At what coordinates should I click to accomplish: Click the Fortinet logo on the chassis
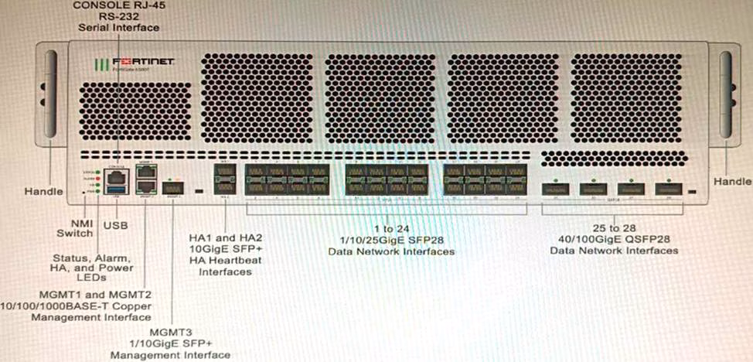click(x=134, y=62)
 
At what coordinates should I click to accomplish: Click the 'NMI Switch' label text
click(x=74, y=227)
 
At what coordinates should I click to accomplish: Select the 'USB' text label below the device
click(x=116, y=225)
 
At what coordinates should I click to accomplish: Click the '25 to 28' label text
click(x=614, y=228)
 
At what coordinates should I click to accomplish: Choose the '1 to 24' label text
click(x=390, y=228)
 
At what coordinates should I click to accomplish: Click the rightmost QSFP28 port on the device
click(x=669, y=188)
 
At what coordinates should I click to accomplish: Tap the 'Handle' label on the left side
click(x=42, y=190)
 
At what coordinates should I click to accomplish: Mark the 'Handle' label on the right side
click(x=731, y=181)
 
